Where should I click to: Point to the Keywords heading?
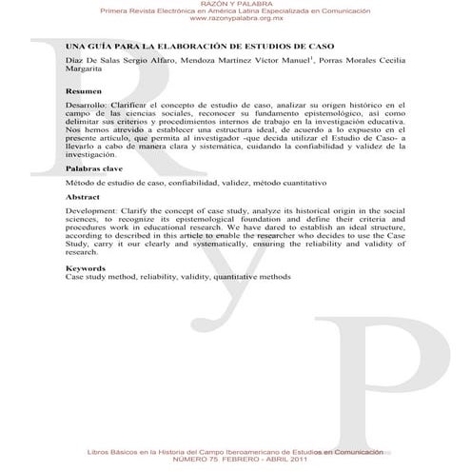pos(85,268)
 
